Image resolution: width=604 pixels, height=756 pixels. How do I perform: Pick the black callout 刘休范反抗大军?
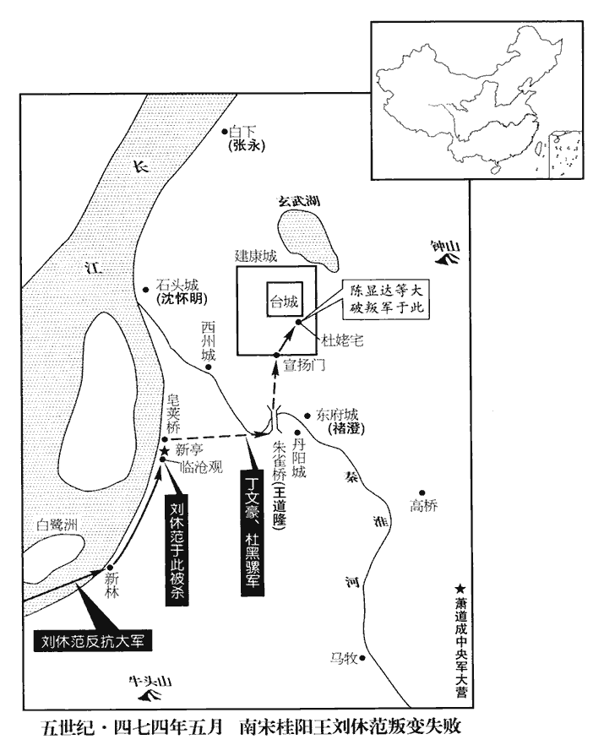[x=93, y=639]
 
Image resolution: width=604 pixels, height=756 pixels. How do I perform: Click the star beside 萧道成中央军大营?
[x=460, y=589]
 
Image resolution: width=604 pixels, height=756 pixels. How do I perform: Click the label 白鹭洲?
[x=56, y=525]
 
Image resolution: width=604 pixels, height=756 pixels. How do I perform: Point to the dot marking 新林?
[x=109, y=568]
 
